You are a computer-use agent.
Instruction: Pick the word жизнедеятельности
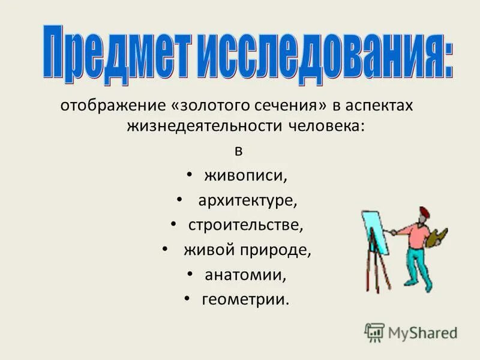pos(203,127)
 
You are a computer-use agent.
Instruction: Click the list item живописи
pos(246,176)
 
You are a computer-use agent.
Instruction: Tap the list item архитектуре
pos(248,201)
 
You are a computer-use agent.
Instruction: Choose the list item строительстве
pos(246,225)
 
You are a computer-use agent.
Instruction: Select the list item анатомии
pos(245,274)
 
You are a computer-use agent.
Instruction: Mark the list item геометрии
pos(245,299)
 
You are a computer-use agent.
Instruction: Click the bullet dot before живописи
pos(189,175)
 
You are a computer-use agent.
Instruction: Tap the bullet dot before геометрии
pos(187,297)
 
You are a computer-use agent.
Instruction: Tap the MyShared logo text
pos(422,332)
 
